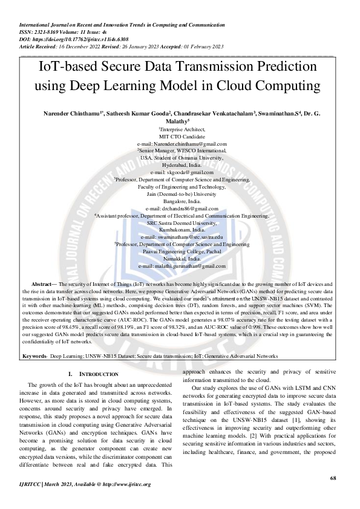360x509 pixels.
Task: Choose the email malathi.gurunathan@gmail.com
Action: pos(186,265)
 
